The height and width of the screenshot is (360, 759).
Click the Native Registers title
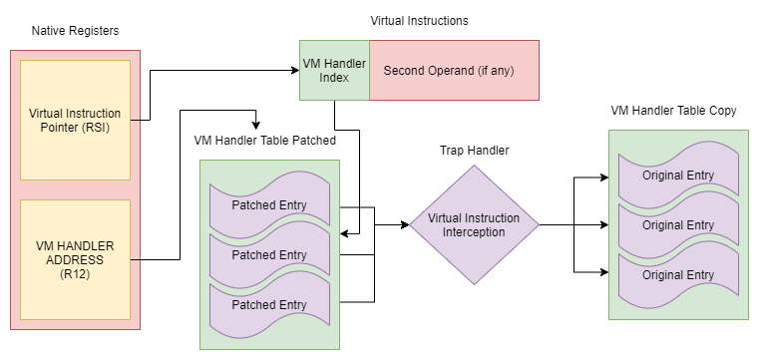click(75, 31)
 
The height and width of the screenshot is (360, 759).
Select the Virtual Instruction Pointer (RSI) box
click(75, 120)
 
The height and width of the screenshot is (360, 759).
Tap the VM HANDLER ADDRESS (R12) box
click(75, 259)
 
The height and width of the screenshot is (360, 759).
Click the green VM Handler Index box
click(334, 70)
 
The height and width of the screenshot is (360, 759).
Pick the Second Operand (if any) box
click(454, 70)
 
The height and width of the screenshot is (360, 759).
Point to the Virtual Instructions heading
click(419, 21)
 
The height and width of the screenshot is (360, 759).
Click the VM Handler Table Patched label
click(264, 141)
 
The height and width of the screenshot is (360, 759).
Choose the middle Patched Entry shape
click(269, 254)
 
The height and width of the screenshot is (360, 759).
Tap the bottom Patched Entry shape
click(269, 305)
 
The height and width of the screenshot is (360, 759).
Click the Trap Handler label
click(475, 151)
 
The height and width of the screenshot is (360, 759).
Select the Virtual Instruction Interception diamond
click(474, 225)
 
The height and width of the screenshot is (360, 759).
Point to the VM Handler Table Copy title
click(673, 111)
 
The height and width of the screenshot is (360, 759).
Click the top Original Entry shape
click(678, 175)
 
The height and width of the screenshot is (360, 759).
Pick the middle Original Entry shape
click(678, 225)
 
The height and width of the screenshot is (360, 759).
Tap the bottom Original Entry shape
click(678, 275)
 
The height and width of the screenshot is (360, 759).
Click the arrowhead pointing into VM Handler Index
click(295, 70)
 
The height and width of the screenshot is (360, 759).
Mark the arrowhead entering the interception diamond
click(405, 224)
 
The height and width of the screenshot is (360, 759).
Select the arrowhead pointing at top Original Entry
click(604, 178)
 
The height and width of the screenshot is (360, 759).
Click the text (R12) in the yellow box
click(75, 274)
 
